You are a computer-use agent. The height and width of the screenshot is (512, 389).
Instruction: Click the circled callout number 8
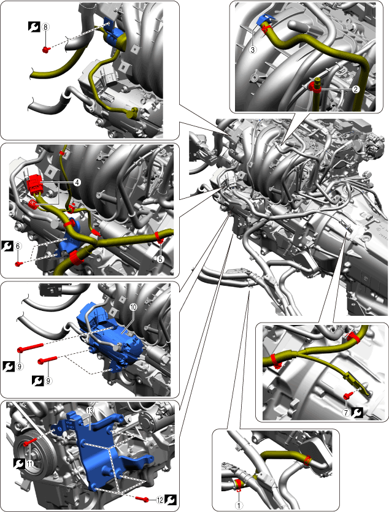(x=46, y=27)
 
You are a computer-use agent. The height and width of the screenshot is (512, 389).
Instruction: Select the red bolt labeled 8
(x=46, y=50)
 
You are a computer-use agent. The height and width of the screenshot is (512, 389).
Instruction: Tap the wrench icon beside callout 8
(x=34, y=27)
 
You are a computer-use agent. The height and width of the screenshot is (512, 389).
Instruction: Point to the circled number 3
(x=253, y=50)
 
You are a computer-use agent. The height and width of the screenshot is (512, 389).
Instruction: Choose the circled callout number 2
(x=356, y=89)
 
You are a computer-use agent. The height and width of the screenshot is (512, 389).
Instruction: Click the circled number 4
(x=77, y=183)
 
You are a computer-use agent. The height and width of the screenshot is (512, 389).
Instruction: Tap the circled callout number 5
(x=160, y=259)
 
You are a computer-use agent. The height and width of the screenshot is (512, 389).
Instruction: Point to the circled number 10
(x=133, y=307)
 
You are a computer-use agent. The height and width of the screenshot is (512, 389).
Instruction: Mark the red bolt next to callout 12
(x=142, y=499)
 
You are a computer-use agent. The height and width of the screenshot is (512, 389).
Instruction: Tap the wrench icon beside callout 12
(x=170, y=500)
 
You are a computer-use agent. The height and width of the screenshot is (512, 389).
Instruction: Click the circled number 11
(x=30, y=464)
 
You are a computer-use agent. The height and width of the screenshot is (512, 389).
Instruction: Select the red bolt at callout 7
(x=347, y=396)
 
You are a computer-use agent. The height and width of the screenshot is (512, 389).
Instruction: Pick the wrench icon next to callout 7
(x=357, y=413)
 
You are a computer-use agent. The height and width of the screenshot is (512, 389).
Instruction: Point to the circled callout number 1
(x=239, y=505)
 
